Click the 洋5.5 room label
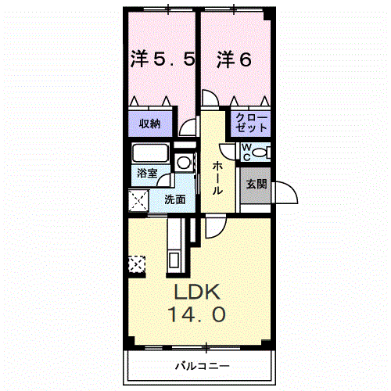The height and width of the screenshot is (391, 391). pos(162,59)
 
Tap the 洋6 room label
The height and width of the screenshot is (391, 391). pos(234,59)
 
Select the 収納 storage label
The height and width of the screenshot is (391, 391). pos(150,124)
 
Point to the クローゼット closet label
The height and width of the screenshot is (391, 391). pos(250,124)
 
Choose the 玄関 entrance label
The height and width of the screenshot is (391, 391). pos(256,185)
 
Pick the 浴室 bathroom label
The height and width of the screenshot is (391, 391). pos(147,174)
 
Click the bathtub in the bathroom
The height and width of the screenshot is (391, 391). pos(151,152)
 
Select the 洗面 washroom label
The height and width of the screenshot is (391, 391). pos(174,199)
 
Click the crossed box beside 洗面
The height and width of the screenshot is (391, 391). pos(140,202)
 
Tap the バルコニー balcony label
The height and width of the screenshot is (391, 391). pos(201,365)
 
